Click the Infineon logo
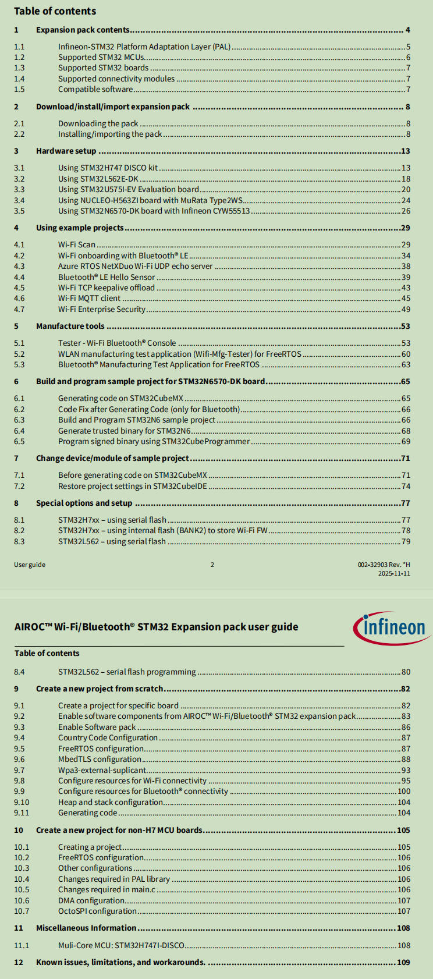[391, 627]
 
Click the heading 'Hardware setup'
[66, 151]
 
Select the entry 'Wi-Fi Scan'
[76, 244]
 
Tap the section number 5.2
[19, 354]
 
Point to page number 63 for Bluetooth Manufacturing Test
[406, 365]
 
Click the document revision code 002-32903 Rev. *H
[384, 565]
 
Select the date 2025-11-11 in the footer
[394, 573]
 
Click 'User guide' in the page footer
[30, 565]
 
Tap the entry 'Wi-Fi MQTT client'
[89, 299]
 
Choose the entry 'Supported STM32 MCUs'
[101, 57]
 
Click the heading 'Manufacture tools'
[70, 326]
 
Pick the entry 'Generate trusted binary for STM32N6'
[124, 431]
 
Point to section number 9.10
[22, 802]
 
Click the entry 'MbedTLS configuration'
[100, 759]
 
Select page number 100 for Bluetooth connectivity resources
[404, 792]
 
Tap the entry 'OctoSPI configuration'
[97, 911]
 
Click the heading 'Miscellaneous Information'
[86, 928]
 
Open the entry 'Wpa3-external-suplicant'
[102, 770]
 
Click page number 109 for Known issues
[403, 962]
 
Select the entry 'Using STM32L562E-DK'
[98, 179]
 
